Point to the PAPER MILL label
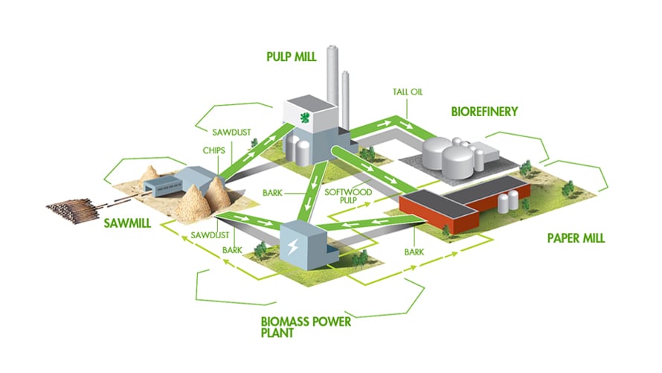(576, 239)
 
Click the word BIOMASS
(288, 322)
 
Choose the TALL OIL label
(408, 92)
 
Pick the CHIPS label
(213, 148)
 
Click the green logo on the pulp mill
(303, 117)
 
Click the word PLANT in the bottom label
(277, 335)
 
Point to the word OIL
(418, 92)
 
